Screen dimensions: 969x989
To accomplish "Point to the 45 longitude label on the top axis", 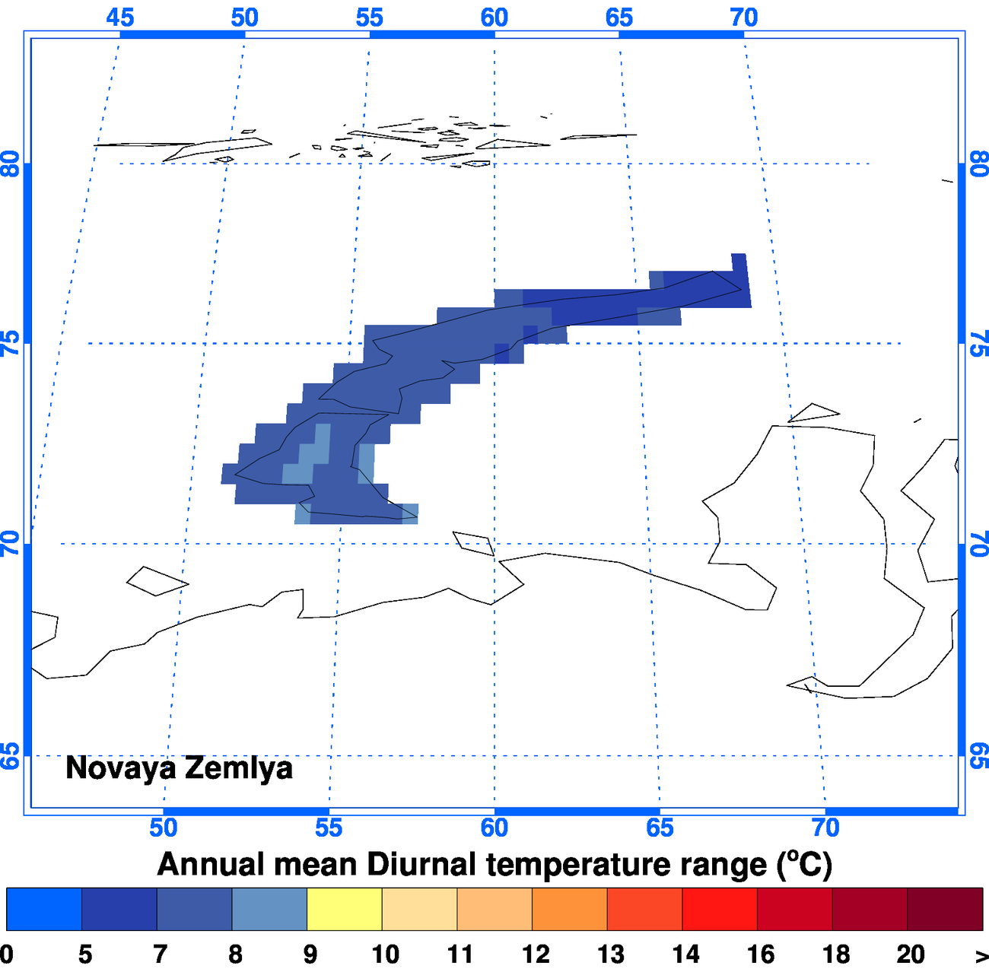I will [x=120, y=17].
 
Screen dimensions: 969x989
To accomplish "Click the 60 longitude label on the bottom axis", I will [x=494, y=827].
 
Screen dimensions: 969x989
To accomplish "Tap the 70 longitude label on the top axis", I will [x=744, y=17].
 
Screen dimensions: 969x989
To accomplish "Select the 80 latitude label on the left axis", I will [x=10, y=164].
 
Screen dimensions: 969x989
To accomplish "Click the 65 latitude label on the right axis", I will [x=979, y=756].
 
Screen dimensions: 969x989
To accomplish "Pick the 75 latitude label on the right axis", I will [x=979, y=344].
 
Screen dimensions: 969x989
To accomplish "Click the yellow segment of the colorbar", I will [x=344, y=909].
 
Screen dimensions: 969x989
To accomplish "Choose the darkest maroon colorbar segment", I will [x=945, y=909].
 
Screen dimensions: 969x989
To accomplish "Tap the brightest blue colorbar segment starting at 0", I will [x=43, y=909].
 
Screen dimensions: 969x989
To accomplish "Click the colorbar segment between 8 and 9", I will [x=269, y=909].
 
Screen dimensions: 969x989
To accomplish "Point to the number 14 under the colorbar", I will [x=685, y=954].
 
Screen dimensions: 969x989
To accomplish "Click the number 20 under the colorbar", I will [x=910, y=954].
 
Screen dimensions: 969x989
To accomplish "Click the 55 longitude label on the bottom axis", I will [x=329, y=827].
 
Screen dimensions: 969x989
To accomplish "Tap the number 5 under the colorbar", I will [x=84, y=954].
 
